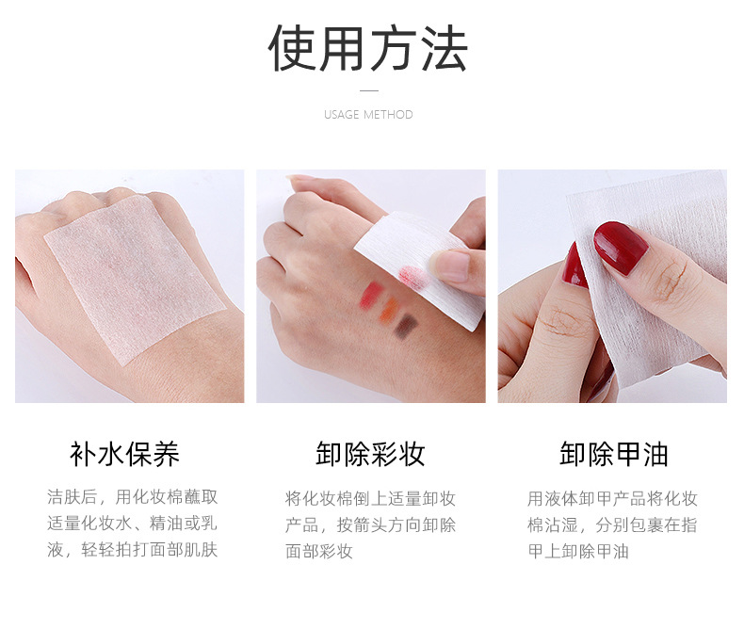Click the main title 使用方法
pyautogui.click(x=368, y=49)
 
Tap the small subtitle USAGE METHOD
pyautogui.click(x=368, y=115)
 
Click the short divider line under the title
pyautogui.click(x=368, y=91)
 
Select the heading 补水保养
pyautogui.click(x=125, y=455)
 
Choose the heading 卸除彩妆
pyautogui.click(x=370, y=455)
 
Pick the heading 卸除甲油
pyautogui.click(x=613, y=455)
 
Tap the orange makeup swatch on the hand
pyautogui.click(x=389, y=312)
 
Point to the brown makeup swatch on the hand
pyautogui.click(x=406, y=326)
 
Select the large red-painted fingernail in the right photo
pyautogui.click(x=621, y=247)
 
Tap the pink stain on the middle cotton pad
pyautogui.click(x=412, y=275)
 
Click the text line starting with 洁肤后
pyautogui.click(x=133, y=497)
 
